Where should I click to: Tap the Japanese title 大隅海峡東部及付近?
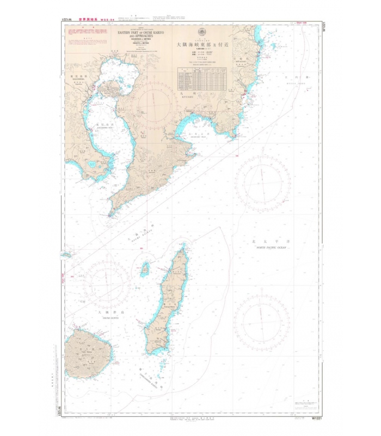(202, 48)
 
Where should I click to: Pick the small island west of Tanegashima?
(145, 268)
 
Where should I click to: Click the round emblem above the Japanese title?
(201, 32)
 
